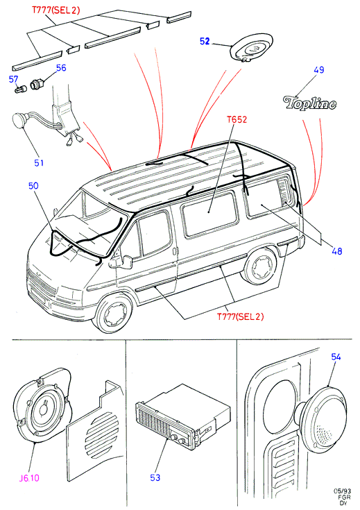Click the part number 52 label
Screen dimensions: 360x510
coord(205,42)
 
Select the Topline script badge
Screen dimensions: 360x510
coord(310,103)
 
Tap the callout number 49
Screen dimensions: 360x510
coord(319,69)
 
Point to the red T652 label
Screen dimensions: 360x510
coord(237,119)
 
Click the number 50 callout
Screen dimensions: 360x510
coord(33,186)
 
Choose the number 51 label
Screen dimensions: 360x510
coord(39,162)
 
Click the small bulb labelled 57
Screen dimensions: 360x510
coord(21,89)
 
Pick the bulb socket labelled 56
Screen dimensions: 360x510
coord(35,85)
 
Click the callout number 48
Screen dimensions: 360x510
coord(337,250)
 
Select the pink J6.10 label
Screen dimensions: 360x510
coord(29,478)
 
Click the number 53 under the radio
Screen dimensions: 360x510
coord(155,477)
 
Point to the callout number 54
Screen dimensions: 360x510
coord(336,357)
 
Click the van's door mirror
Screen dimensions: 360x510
coord(126,262)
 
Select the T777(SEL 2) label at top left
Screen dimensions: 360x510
coord(55,10)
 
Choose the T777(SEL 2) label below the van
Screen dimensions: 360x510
coord(240,316)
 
